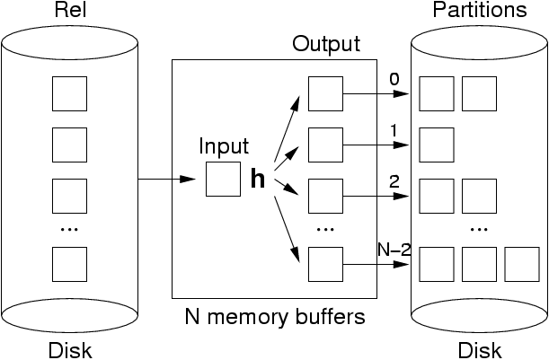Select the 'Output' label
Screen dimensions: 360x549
click(x=325, y=44)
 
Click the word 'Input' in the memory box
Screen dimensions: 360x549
click(x=224, y=147)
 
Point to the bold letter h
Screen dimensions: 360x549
click(x=257, y=180)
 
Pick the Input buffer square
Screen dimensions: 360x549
click(x=223, y=179)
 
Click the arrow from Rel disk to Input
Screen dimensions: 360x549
click(x=167, y=179)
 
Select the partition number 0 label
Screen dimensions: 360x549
click(x=394, y=79)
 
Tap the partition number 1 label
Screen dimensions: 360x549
click(x=394, y=130)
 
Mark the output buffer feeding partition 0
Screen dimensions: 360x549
click(x=325, y=92)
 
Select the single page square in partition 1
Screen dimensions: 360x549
click(x=436, y=144)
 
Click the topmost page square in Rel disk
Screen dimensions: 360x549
click(x=68, y=92)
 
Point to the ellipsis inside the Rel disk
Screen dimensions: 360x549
click(x=68, y=229)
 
